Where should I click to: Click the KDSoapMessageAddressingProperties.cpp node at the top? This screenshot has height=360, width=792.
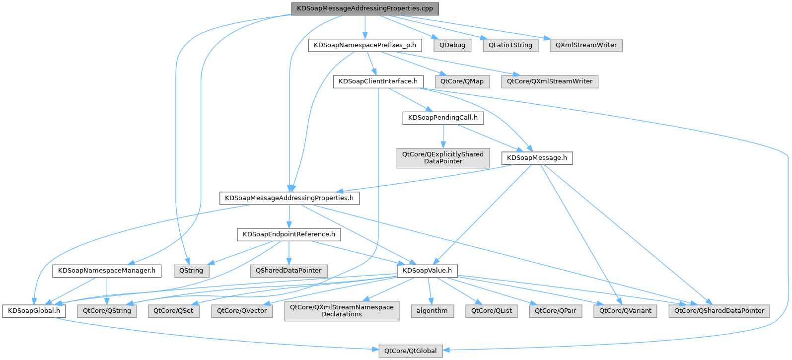[x=365, y=8]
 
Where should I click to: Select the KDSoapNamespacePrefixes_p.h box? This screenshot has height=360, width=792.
[x=365, y=45]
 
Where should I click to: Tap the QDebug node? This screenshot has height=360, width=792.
[x=452, y=45]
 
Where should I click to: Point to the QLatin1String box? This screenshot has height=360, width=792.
[x=510, y=45]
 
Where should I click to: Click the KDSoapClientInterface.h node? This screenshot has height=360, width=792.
[x=378, y=81]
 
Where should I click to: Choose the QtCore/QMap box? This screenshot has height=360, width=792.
[x=462, y=81]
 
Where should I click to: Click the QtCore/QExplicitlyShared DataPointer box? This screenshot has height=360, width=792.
[x=443, y=158]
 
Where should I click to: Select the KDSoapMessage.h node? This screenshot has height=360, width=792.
[x=537, y=158]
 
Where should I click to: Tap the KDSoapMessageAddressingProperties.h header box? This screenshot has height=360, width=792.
[x=289, y=198]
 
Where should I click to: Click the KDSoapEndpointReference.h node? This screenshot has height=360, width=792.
[x=289, y=234]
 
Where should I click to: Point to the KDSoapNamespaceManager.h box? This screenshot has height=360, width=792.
[x=107, y=271]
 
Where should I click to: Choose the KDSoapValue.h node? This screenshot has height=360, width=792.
[x=427, y=271]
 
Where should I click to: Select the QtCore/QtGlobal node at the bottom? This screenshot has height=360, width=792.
[x=410, y=351]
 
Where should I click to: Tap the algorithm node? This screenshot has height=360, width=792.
[x=432, y=311]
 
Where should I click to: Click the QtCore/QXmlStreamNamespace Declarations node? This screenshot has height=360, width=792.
[x=342, y=311]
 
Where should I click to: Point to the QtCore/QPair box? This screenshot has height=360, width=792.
[x=555, y=311]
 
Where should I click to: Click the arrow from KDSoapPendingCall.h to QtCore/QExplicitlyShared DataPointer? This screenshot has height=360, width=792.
[x=443, y=136]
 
